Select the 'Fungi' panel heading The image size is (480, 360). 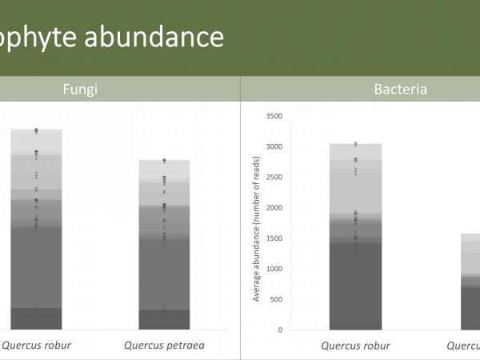[80, 89]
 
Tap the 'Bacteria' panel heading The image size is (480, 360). [400, 89]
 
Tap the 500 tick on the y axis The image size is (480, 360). [275, 299]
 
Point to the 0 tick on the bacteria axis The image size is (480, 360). [280, 330]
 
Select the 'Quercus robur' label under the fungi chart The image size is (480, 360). [36, 346]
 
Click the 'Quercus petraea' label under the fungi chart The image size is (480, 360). [164, 346]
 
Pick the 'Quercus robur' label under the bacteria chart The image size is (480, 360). [355, 346]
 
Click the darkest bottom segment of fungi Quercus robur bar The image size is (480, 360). [36, 319]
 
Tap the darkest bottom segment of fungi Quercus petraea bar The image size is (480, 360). [164, 320]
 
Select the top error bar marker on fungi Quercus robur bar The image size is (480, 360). [37, 130]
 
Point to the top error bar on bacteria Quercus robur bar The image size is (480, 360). [355, 144]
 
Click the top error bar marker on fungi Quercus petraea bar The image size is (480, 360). [164, 161]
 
